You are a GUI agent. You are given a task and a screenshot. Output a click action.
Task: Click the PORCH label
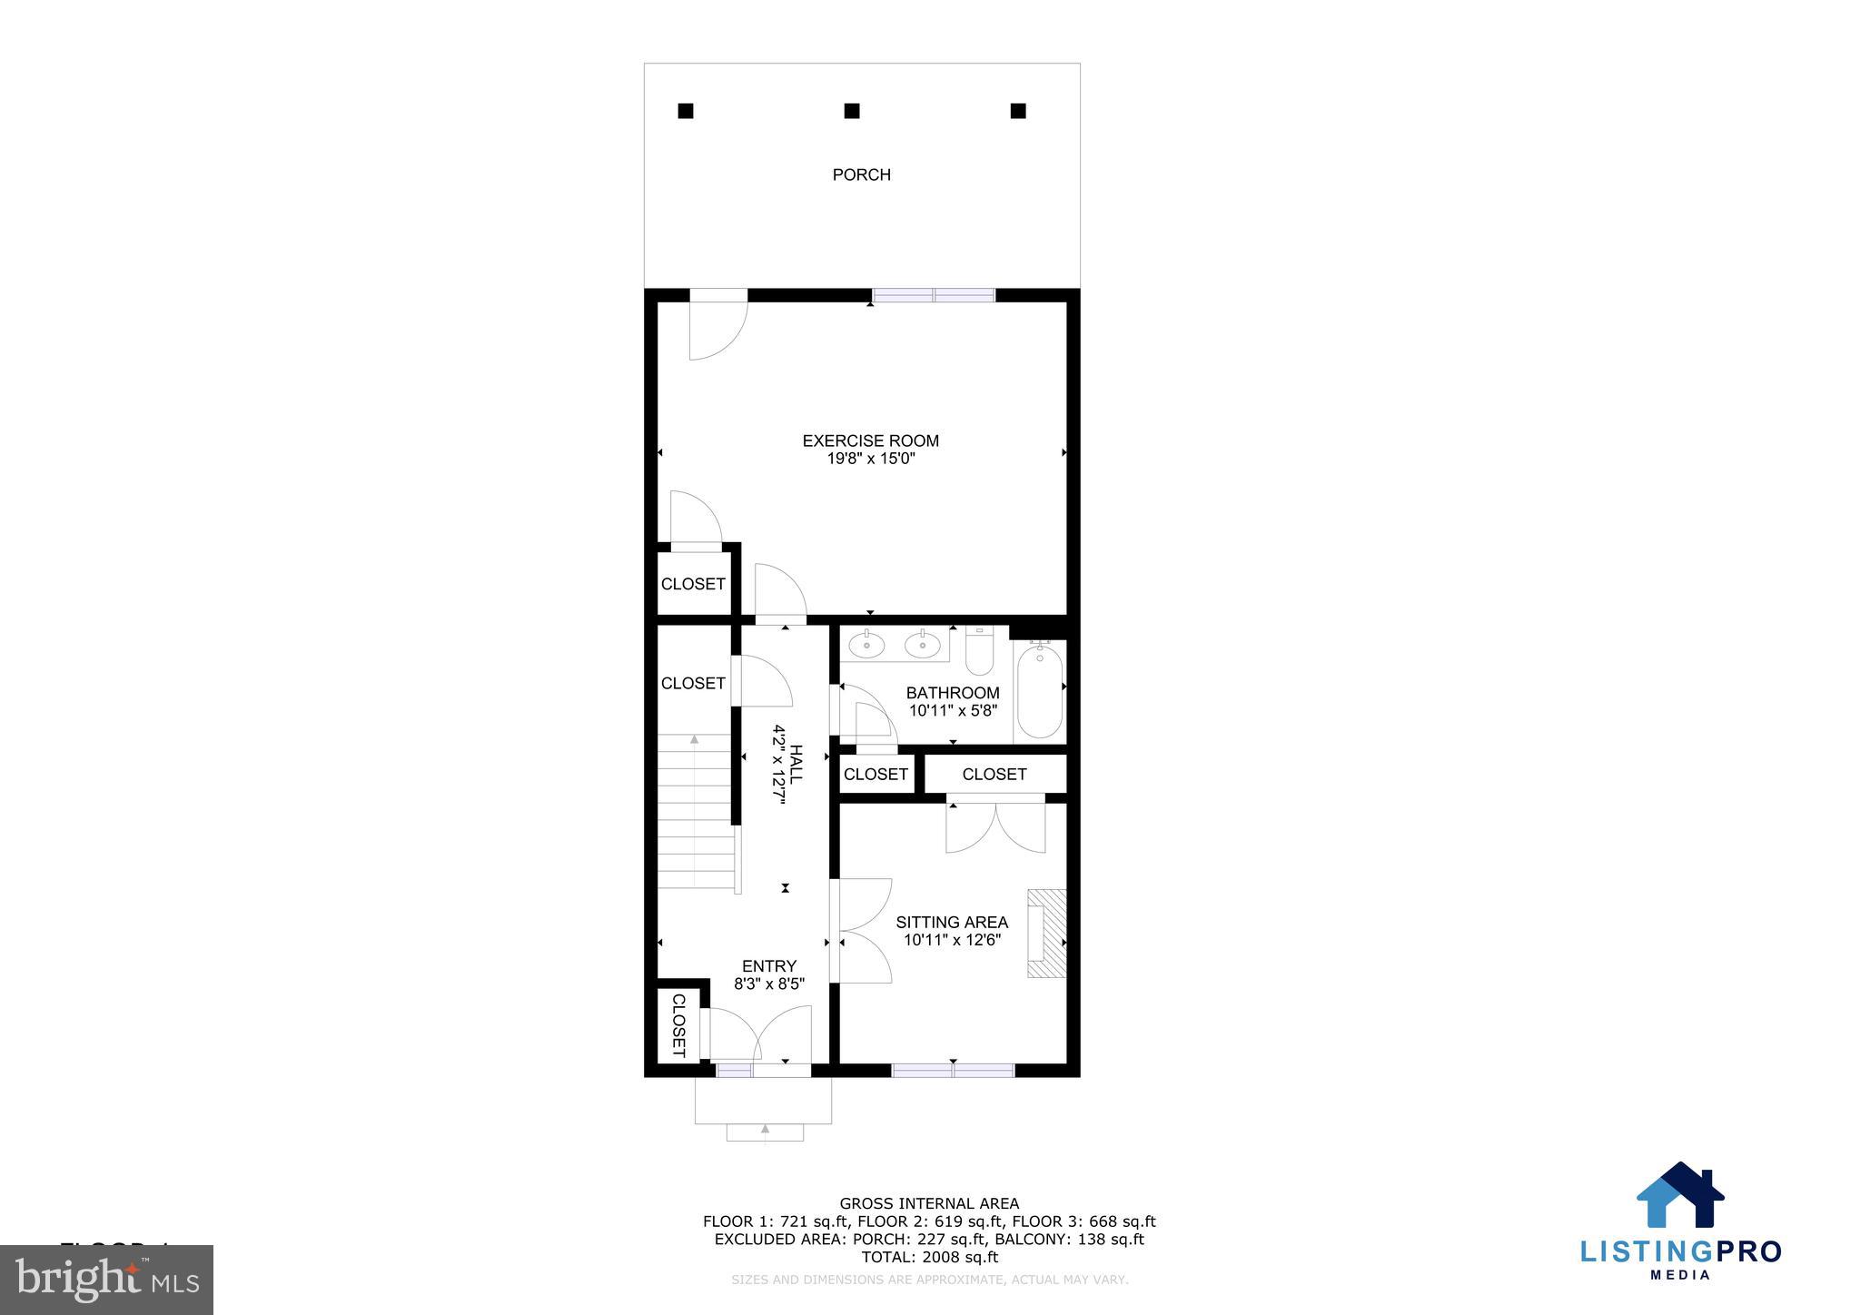[x=861, y=174]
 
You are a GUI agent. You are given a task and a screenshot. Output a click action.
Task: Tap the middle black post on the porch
[x=851, y=111]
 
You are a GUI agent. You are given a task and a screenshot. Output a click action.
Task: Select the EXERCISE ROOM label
[x=870, y=440]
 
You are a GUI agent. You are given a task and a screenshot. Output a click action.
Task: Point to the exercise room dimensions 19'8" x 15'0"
[x=870, y=460]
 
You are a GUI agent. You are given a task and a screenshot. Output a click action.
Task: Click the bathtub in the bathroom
[x=1039, y=691]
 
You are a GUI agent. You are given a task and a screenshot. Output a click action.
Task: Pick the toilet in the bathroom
[x=979, y=652]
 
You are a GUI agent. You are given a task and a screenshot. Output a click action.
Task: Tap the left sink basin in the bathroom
[x=866, y=647]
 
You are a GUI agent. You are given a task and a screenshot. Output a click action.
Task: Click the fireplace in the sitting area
[x=1046, y=934]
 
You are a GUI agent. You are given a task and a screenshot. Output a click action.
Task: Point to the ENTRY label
[x=768, y=966]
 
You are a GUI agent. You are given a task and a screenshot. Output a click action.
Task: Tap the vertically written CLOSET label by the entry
[x=678, y=1025]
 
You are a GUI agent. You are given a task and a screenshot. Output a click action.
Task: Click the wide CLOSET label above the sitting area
[x=994, y=775]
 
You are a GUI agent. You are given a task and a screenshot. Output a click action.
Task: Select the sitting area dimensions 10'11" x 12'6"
[x=952, y=941]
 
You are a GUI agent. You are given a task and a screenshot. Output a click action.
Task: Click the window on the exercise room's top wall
[x=934, y=294]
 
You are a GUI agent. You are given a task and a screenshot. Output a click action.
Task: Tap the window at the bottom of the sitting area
[x=953, y=1071]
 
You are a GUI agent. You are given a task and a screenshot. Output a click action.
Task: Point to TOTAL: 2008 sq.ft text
[x=929, y=1258]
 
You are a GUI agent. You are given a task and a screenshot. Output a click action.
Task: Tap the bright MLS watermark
[x=107, y=1280]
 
